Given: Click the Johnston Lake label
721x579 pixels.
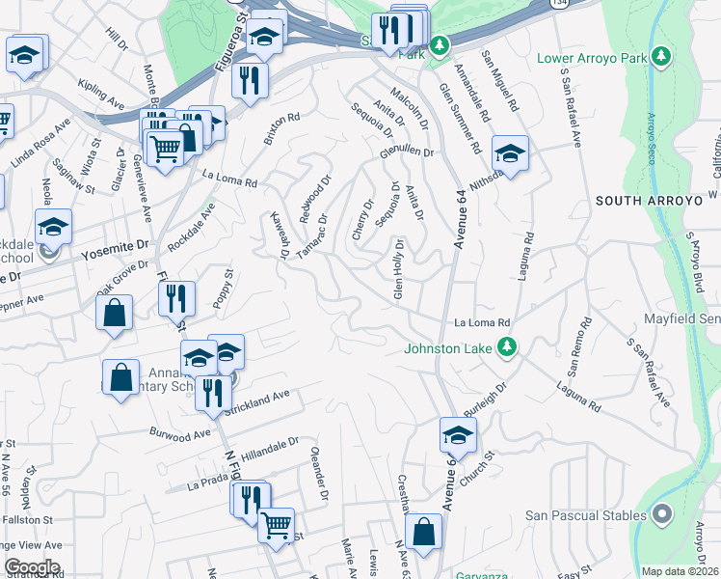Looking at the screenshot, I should point(449,348).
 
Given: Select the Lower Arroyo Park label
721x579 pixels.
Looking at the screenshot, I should point(592,58).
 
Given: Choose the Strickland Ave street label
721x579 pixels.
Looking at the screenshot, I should point(259,398).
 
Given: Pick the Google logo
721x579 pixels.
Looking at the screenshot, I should point(32,567).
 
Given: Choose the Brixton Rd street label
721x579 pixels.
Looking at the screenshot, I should point(282,130).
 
